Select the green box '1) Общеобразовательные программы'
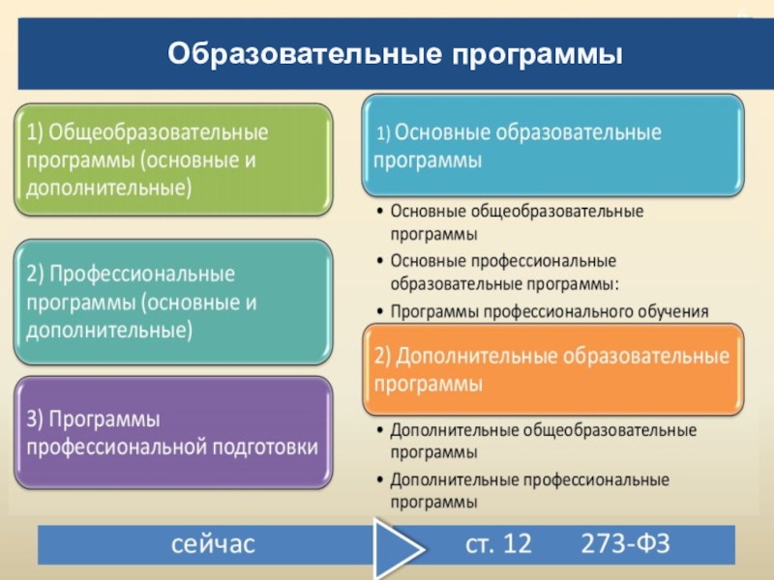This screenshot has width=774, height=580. point(173,159)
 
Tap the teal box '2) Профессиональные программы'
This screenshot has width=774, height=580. point(173,302)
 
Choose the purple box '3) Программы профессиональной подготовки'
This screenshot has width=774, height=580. point(173,433)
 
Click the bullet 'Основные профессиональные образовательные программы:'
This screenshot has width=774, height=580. point(503,273)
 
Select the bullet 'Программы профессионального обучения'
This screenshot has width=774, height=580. point(550,311)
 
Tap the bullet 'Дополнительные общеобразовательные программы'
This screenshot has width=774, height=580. point(543,440)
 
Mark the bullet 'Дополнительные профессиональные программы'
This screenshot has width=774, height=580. point(529,490)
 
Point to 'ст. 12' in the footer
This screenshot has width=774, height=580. point(498,544)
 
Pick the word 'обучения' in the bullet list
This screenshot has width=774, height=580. point(673,311)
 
